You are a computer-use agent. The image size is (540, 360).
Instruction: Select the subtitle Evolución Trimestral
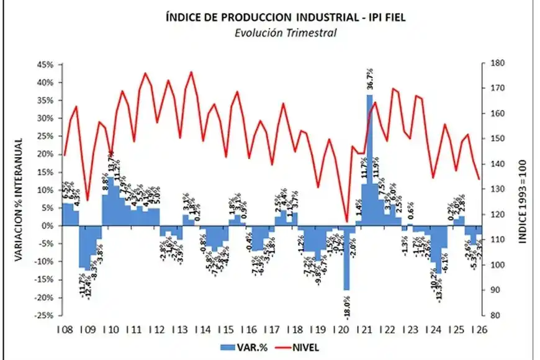(x=286, y=33)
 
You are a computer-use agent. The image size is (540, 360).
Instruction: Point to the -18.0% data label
(x=346, y=307)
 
